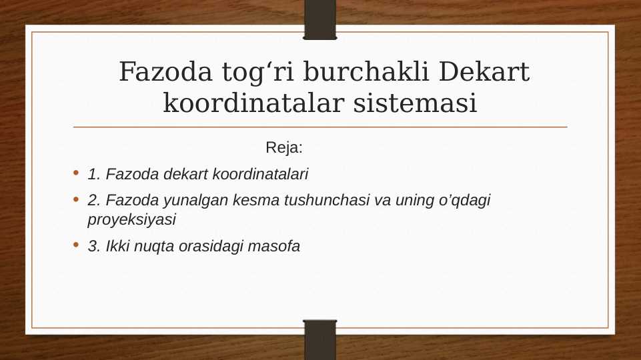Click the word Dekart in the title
(485, 72)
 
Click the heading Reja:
(284, 147)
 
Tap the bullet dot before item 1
(77, 174)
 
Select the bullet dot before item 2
(77, 199)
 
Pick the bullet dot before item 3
(77, 245)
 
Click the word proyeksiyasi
(131, 219)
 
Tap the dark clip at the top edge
(320, 19)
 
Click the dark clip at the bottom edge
(320, 340)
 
